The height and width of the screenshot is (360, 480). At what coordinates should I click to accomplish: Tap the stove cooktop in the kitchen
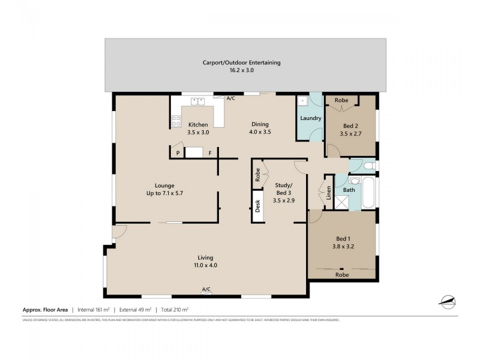pyautogui.click(x=177, y=121)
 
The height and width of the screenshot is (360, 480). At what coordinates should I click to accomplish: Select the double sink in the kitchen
pyautogui.click(x=197, y=101)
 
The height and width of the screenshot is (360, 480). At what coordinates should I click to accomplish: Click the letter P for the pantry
pyautogui.click(x=178, y=154)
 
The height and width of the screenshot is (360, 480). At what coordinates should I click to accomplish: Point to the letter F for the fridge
pyautogui.click(x=210, y=154)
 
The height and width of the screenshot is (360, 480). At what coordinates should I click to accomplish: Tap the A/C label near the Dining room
pyautogui.click(x=230, y=98)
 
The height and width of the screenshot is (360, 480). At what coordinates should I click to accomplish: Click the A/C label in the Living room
pyautogui.click(x=206, y=290)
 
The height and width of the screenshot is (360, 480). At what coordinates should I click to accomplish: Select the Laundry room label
pyautogui.click(x=311, y=118)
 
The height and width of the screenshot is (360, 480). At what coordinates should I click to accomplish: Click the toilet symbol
pyautogui.click(x=368, y=164)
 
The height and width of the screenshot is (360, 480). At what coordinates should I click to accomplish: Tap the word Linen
pyautogui.click(x=329, y=193)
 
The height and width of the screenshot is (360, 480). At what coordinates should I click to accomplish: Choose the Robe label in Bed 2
pyautogui.click(x=341, y=100)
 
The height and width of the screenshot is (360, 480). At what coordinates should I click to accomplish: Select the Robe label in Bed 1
pyautogui.click(x=341, y=274)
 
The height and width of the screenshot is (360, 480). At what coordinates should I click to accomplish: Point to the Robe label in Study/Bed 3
pyautogui.click(x=257, y=175)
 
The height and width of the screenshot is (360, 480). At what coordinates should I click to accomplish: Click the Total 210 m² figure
pyautogui.click(x=175, y=310)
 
